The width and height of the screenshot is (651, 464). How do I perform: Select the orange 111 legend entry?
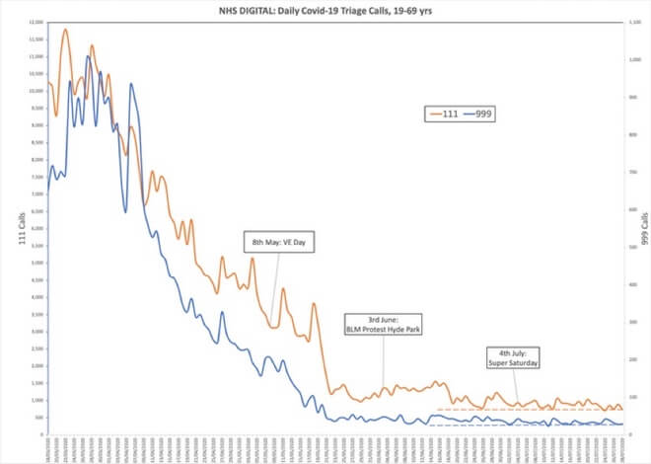click(440, 114)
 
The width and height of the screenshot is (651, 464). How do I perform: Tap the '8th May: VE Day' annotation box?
click(280, 242)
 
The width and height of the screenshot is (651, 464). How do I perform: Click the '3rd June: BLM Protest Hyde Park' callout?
click(383, 324)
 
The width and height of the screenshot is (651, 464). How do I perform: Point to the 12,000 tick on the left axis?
click(36, 22)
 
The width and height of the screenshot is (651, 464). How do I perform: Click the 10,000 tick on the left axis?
click(36, 90)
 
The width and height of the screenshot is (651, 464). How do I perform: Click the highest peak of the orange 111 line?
click(65, 30)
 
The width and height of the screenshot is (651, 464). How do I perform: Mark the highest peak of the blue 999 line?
click(88, 57)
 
